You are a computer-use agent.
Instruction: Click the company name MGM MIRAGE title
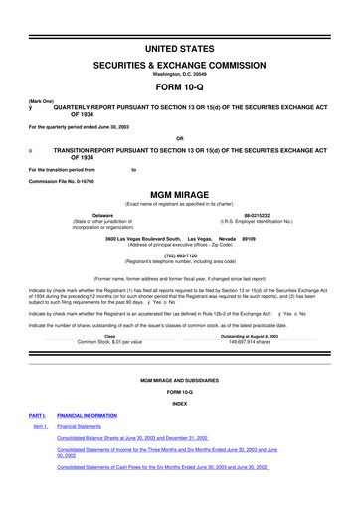(179, 196)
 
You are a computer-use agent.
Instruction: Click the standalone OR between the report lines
(179, 137)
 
